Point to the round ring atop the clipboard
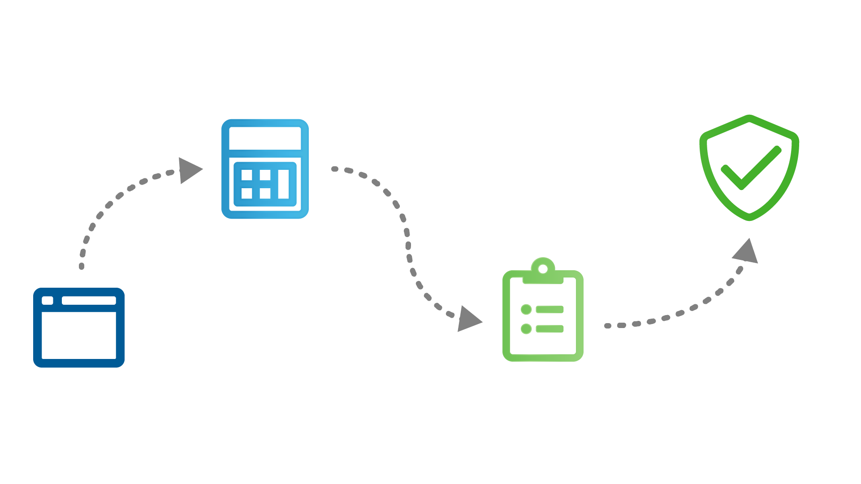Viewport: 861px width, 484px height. click(543, 269)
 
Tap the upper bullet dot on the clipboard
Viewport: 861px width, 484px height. click(526, 309)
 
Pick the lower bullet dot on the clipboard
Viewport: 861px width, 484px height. click(526, 328)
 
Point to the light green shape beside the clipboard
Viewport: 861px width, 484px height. click(654, 287)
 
